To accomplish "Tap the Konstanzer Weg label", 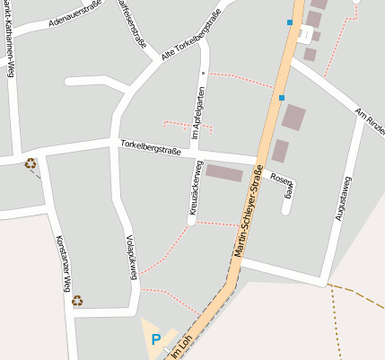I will click(x=64, y=266).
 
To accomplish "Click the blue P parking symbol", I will click(x=155, y=340).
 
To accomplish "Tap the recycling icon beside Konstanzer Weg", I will click(x=77, y=301).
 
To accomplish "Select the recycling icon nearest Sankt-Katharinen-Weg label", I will click(x=31, y=163).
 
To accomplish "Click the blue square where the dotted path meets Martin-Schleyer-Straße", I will click(x=282, y=97).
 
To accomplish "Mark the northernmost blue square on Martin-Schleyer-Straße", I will click(x=290, y=22).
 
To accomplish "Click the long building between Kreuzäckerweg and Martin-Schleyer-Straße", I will click(x=224, y=172).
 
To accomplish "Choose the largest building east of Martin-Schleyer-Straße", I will click(x=293, y=118).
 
